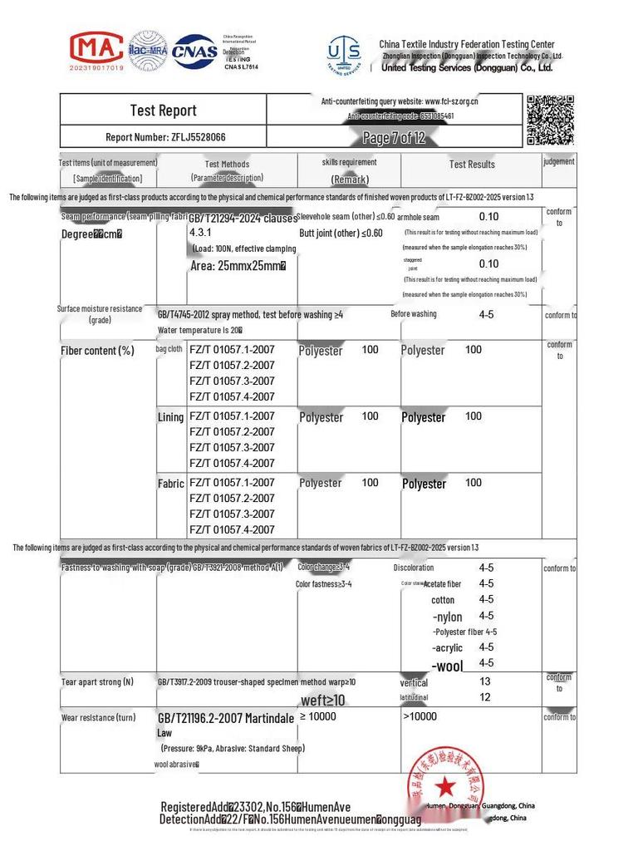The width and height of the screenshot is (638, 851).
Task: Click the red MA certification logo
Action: (x=96, y=51)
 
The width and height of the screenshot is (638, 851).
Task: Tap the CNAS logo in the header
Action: (x=194, y=52)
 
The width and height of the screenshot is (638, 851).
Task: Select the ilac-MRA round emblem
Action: (x=148, y=52)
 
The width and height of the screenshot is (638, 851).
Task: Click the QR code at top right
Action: (x=550, y=120)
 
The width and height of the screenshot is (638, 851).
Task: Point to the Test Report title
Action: (x=163, y=111)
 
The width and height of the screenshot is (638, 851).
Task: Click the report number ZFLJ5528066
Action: (x=165, y=137)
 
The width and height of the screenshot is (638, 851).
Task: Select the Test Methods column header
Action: (x=227, y=165)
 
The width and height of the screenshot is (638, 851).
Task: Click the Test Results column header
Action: (x=472, y=165)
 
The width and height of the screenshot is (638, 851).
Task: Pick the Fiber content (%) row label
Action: (x=97, y=351)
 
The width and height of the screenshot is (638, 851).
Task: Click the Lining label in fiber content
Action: (x=170, y=417)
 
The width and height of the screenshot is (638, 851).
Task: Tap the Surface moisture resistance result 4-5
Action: (x=487, y=316)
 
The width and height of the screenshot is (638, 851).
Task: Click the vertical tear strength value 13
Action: (x=485, y=681)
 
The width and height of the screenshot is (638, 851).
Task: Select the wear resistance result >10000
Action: (x=420, y=716)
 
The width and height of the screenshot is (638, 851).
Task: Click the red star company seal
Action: (x=445, y=785)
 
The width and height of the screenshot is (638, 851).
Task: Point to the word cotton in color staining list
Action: (x=443, y=600)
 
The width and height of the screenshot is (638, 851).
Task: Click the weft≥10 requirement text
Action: (x=322, y=701)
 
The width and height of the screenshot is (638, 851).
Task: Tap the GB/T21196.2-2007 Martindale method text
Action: (x=226, y=718)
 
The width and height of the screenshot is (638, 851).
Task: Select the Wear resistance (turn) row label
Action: (x=98, y=717)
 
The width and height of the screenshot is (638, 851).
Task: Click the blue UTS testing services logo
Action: (x=344, y=55)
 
